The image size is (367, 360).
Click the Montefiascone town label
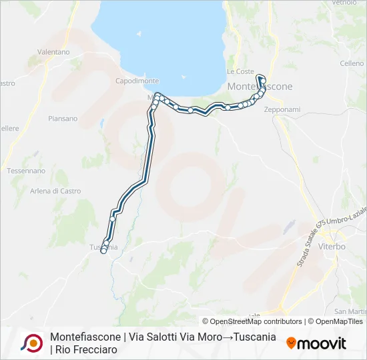[x=260, y=87]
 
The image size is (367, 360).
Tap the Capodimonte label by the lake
[x=137, y=81]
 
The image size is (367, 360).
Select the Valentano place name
[x=54, y=51]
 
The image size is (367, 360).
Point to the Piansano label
[x=63, y=119]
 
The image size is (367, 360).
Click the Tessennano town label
[x=26, y=171]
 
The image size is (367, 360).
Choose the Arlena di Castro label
[x=55, y=191]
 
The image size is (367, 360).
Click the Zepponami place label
[x=282, y=109]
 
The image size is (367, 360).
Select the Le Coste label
[x=240, y=71]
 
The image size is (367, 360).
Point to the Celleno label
[x=352, y=63]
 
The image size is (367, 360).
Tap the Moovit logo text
[x=322, y=343]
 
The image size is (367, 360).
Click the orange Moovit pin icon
[x=291, y=343]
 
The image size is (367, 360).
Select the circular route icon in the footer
[x=32, y=343]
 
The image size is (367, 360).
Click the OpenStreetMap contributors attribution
[x=252, y=321]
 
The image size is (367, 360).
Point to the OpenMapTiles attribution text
[x=336, y=321]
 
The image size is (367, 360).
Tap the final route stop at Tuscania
[x=103, y=251]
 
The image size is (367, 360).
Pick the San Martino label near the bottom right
[x=350, y=311]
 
